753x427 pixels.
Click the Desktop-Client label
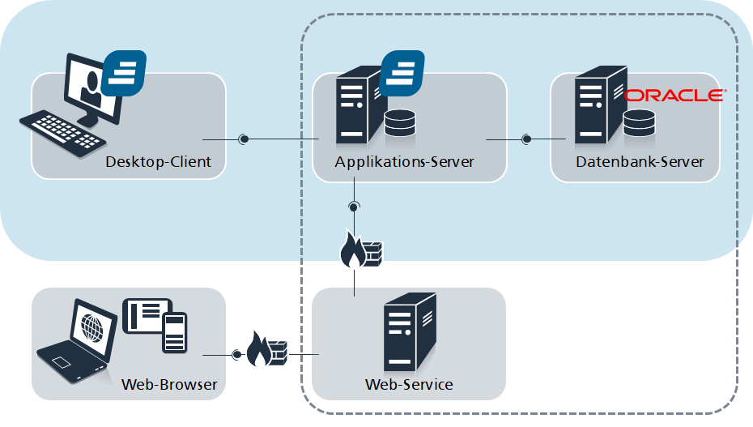[158, 162]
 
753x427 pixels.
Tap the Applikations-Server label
[404, 162]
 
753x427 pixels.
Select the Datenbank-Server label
[640, 162]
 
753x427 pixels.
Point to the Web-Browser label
[169, 384]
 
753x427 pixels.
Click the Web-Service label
[409, 384]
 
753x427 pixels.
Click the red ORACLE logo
[674, 95]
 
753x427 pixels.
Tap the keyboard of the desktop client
[62, 134]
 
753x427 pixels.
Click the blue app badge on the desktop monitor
[124, 73]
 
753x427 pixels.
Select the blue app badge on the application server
[402, 73]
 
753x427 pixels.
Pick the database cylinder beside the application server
[400, 123]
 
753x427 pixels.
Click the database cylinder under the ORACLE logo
[639, 123]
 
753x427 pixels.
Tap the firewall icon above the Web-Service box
[361, 250]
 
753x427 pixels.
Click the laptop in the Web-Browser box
[77, 341]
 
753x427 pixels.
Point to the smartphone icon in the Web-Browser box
[174, 332]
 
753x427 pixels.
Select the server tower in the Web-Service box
[410, 332]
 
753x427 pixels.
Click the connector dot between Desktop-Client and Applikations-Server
[244, 139]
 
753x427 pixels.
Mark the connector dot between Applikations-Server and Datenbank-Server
[526, 139]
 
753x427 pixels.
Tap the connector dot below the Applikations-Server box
[354, 207]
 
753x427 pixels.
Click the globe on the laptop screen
[92, 327]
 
